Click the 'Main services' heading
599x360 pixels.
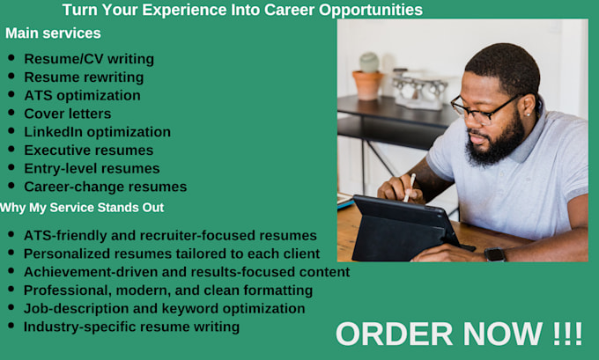pos(53,33)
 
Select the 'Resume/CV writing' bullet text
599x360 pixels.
pos(89,59)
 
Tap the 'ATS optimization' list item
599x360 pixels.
pos(82,95)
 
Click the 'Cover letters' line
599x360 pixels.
pos(68,114)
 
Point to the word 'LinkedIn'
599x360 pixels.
pos(54,132)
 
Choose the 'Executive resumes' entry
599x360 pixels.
pos(89,150)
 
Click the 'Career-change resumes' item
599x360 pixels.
pos(106,187)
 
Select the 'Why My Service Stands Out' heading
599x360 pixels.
pos(82,208)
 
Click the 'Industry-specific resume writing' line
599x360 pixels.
pos(131,327)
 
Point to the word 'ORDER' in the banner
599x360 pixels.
pos(394,334)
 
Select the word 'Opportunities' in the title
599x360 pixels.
pos(371,11)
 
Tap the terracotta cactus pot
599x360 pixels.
pos(367,85)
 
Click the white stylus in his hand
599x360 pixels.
pos(410,187)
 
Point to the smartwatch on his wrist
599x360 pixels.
pos(495,254)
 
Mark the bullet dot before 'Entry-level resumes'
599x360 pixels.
pos(11,167)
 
